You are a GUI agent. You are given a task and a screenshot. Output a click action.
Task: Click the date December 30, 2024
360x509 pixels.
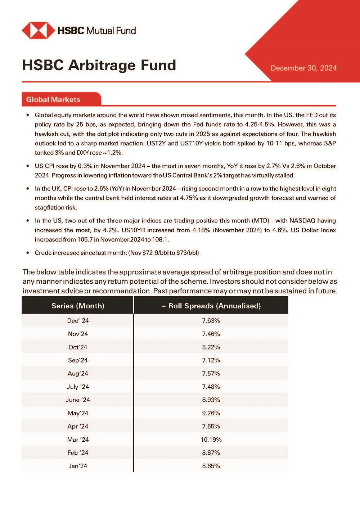[x=303, y=68]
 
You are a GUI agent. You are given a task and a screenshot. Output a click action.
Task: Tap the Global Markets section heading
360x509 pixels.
[x=53, y=100]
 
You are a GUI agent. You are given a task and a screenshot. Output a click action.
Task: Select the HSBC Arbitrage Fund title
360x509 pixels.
[x=99, y=65]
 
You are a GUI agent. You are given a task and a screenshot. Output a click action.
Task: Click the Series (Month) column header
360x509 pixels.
[x=78, y=306]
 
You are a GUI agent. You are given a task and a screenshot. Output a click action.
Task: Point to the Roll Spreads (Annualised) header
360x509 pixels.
[x=211, y=306]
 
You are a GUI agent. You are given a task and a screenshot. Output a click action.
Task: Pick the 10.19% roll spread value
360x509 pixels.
[x=211, y=440]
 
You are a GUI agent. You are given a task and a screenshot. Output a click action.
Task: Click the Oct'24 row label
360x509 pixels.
[x=78, y=347]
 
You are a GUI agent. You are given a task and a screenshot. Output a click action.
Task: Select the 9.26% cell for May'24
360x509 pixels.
[x=211, y=413]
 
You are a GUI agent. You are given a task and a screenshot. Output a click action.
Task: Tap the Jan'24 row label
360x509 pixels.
[x=78, y=466]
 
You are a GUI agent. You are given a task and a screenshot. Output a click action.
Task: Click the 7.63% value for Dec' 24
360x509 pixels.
[x=211, y=321]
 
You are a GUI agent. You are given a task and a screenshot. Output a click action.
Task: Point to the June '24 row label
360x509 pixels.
[x=78, y=400]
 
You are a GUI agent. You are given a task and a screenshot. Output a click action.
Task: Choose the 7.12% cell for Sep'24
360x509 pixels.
[x=211, y=360]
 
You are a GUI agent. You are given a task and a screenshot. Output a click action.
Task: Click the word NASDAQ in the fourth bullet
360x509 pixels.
[x=302, y=221]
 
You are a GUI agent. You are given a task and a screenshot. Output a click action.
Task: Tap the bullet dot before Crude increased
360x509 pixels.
[x=28, y=253]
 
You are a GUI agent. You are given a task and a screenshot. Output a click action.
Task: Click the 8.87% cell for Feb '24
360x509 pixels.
[x=211, y=453]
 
